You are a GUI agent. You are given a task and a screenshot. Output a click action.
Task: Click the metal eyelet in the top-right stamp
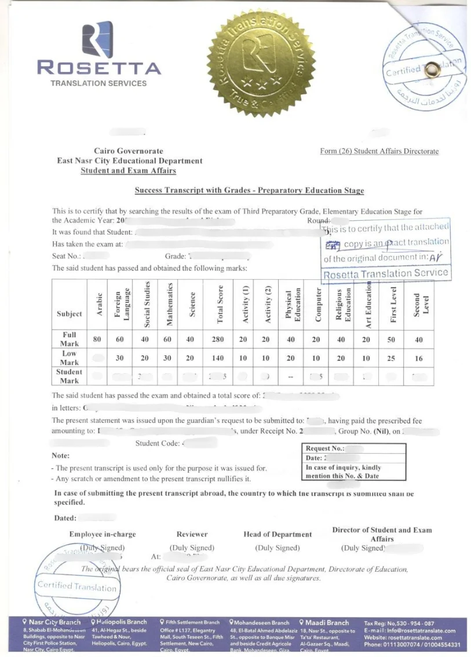tap(432, 70)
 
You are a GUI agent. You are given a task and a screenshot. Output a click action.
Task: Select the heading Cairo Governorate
tap(129, 151)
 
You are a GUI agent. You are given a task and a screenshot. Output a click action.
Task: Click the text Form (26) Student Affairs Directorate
tap(379, 152)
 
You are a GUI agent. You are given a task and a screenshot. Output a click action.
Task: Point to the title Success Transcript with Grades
tap(249, 190)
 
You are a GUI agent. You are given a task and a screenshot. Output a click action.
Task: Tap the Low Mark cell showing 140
tap(218, 359)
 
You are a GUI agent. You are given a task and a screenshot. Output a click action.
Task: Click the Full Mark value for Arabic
tap(98, 340)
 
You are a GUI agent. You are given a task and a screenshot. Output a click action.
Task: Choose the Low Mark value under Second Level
tap(419, 359)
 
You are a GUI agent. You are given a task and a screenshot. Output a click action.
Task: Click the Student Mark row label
tap(69, 377)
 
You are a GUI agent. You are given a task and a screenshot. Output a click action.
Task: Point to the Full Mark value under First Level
tap(391, 340)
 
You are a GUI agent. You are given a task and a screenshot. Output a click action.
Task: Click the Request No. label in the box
tap(324, 448)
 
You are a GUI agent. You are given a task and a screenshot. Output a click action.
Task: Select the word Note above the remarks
tap(61, 456)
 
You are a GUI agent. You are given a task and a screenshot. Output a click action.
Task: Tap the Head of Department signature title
tap(278, 534)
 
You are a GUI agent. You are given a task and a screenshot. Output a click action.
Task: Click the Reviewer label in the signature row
tap(192, 534)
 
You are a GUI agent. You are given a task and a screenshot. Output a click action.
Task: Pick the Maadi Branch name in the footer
tap(327, 623)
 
